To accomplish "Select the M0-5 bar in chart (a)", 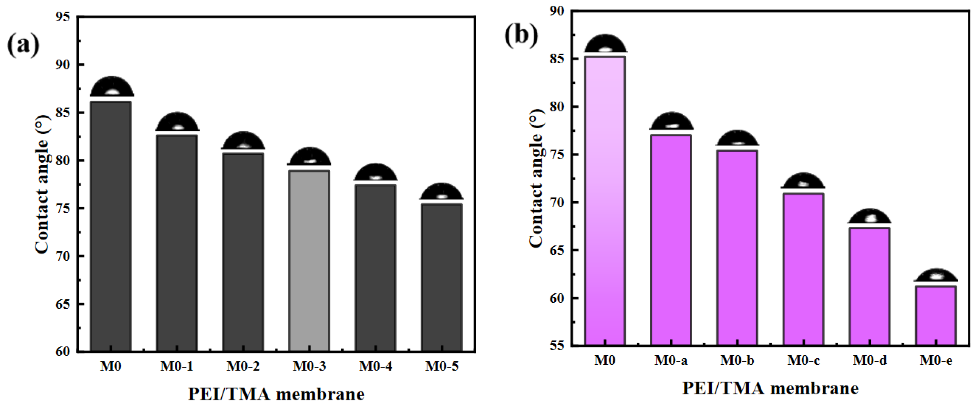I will (x=442, y=277).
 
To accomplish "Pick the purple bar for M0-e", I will (x=936, y=316).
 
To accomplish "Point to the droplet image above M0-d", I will (x=870, y=216).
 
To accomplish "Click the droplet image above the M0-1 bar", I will (x=177, y=122).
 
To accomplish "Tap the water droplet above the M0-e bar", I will (x=936, y=276).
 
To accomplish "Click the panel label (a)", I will (x=23, y=45).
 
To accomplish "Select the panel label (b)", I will (x=521, y=36).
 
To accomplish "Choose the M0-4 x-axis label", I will (x=376, y=367).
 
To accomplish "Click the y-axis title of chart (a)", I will (x=42, y=184).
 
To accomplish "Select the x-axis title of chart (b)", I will (x=770, y=389).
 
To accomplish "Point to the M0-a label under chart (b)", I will (x=671, y=360).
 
